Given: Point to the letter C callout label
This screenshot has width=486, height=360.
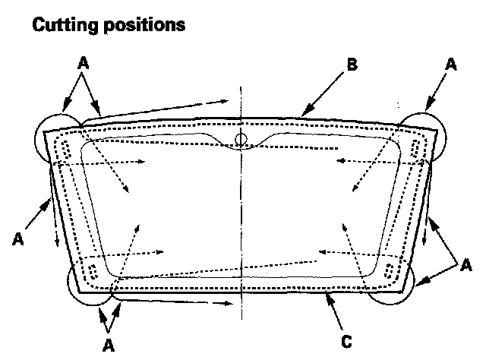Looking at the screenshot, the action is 346,341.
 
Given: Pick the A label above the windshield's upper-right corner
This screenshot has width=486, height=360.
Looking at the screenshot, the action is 451,66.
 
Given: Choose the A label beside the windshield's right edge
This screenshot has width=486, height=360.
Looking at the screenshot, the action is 465,264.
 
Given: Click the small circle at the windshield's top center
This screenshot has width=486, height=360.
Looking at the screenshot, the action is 241,138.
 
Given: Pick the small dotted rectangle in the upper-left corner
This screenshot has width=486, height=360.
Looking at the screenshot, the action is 66,149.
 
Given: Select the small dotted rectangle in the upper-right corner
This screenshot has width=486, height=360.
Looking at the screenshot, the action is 415,149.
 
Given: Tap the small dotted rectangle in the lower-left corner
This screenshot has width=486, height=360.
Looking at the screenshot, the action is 91,271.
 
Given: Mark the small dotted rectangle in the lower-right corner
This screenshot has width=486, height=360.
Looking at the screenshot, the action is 390,271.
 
